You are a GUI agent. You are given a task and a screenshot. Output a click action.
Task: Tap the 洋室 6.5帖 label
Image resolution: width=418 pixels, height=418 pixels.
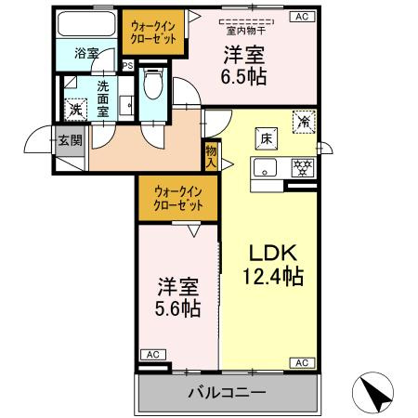click(x=243, y=66)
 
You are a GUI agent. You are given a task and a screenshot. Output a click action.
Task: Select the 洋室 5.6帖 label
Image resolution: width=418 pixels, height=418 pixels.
click(x=177, y=296)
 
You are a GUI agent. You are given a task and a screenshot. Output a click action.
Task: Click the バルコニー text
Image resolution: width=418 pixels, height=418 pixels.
click(x=229, y=393)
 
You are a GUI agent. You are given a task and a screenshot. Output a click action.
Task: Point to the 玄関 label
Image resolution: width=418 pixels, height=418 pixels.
click(x=70, y=142)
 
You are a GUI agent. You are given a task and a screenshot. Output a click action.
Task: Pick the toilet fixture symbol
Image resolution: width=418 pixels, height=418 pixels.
click(x=154, y=85)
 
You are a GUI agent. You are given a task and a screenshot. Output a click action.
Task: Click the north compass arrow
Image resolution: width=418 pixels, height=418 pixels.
click(x=375, y=393)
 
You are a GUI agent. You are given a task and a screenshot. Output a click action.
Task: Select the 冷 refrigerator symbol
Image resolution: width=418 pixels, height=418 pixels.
click(x=304, y=120)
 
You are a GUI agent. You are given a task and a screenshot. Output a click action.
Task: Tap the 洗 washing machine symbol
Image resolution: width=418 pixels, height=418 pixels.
click(x=76, y=109)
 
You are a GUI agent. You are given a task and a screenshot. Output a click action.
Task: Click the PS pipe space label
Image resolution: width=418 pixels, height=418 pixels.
click(x=130, y=65)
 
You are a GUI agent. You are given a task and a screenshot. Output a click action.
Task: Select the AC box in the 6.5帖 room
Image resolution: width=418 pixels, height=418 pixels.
click(x=302, y=16)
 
